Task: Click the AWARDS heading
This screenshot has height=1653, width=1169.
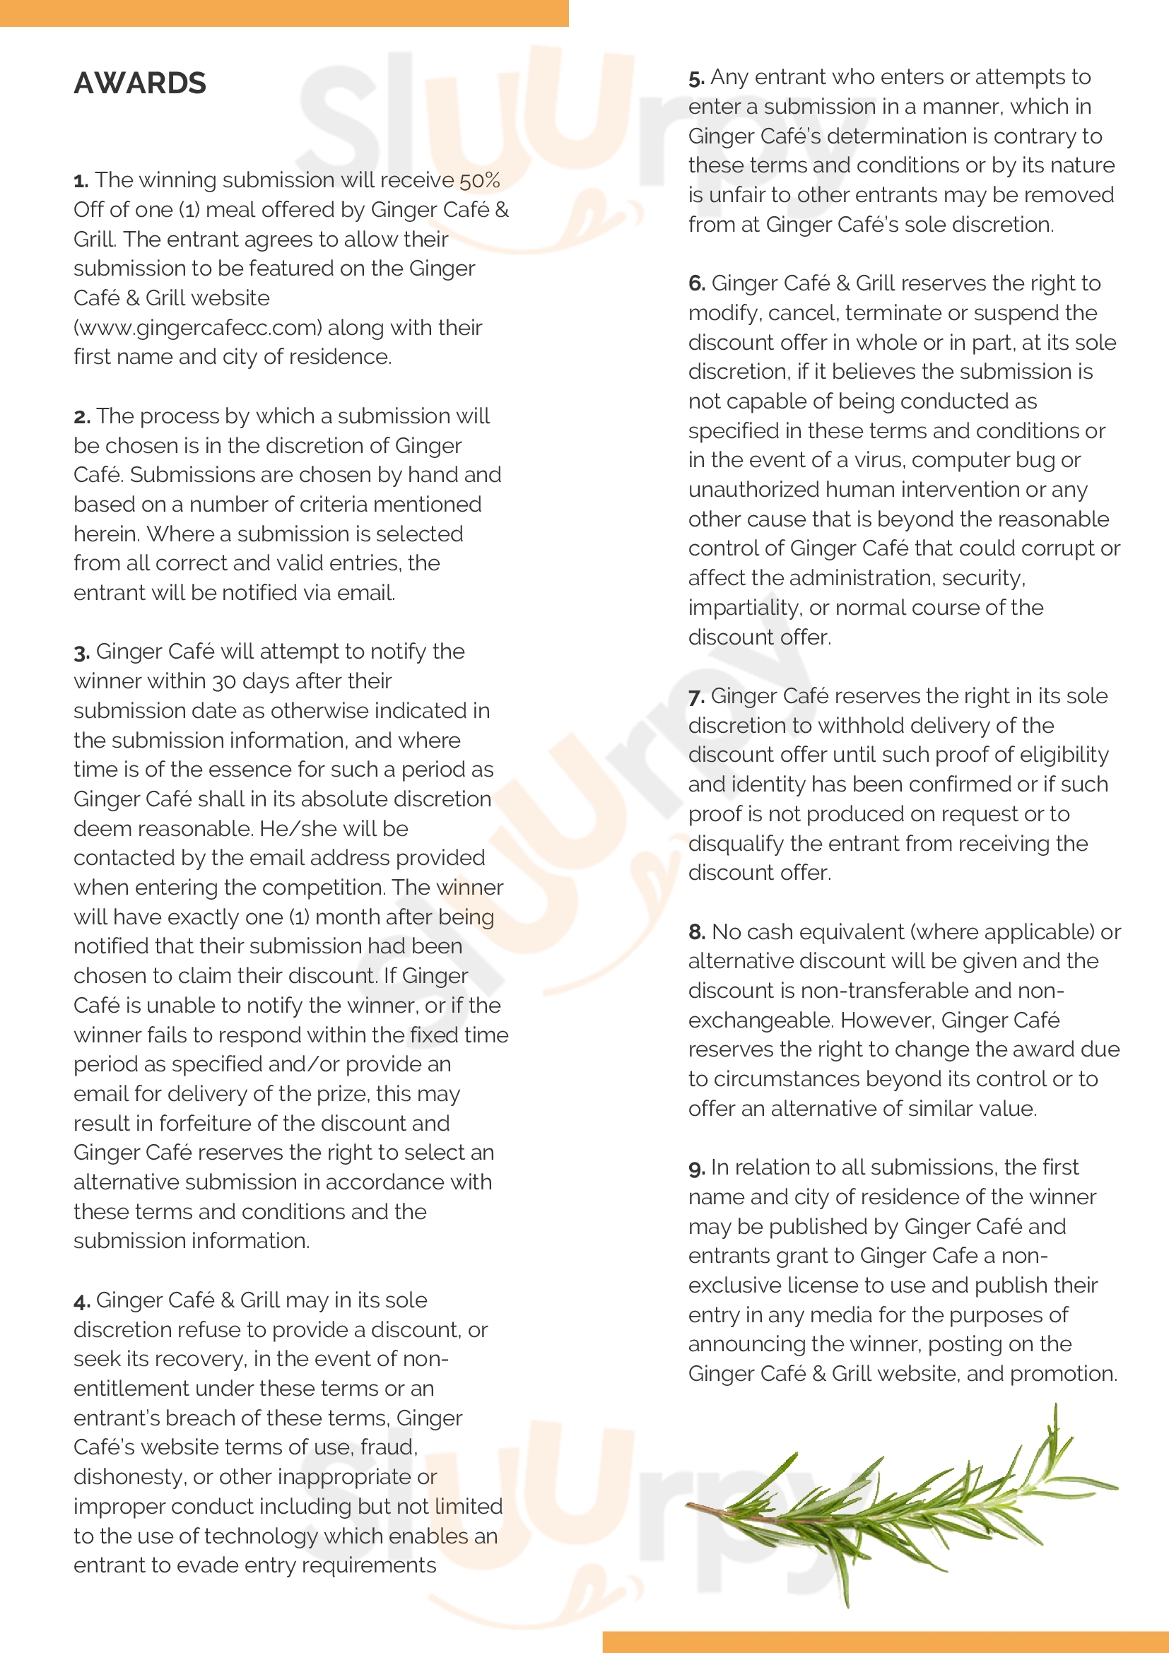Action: (x=140, y=83)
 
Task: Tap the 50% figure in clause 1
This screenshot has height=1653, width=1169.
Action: (x=480, y=180)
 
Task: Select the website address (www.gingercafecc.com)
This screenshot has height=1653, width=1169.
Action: (x=198, y=328)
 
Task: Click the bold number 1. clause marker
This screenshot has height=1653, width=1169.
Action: (x=81, y=181)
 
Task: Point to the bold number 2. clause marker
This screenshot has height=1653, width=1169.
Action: (x=81, y=417)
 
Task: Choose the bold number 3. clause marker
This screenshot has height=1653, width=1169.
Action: (x=81, y=652)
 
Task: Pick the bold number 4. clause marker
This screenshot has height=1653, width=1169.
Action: (x=81, y=1301)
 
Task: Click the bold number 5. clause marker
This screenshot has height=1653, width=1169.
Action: (x=696, y=78)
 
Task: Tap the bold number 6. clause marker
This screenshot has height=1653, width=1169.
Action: (x=696, y=283)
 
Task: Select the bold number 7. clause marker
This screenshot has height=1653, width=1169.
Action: (x=696, y=697)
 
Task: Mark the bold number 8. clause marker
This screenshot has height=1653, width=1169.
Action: (x=696, y=932)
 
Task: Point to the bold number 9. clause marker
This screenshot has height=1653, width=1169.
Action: (x=696, y=1167)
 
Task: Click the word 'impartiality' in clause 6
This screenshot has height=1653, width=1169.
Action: (x=744, y=608)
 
